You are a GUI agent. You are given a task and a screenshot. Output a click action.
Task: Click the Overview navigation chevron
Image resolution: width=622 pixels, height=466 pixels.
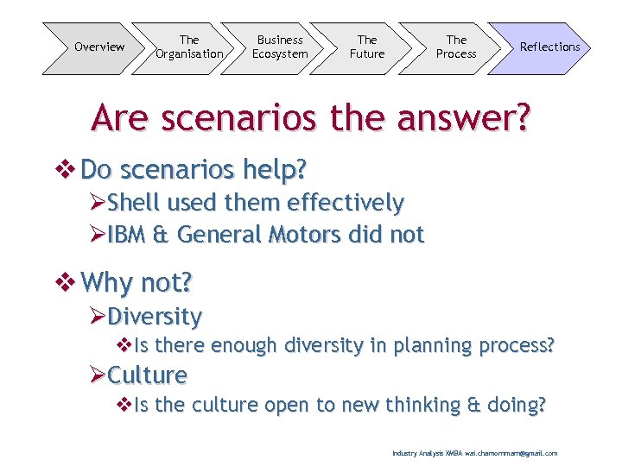point(98,47)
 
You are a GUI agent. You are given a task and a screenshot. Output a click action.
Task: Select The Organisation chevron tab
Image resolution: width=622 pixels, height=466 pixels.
point(189,47)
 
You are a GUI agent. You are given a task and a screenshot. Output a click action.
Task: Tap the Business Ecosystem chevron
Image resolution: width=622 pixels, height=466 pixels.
point(279,47)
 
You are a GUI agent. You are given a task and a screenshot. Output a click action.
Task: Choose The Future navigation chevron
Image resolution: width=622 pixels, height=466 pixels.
point(367,47)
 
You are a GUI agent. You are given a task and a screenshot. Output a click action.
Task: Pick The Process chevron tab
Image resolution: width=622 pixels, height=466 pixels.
point(456,47)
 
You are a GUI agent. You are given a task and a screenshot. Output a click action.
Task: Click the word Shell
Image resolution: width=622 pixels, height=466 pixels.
point(135,203)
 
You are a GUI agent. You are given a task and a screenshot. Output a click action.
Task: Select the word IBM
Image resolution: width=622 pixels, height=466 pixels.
point(130,234)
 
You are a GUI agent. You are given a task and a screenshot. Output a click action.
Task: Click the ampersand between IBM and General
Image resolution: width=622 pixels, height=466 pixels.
point(163,234)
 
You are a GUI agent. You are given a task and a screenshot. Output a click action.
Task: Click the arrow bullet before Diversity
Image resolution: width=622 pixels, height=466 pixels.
point(98,317)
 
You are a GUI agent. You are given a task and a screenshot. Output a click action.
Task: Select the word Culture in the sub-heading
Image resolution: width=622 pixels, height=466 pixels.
point(148,375)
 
